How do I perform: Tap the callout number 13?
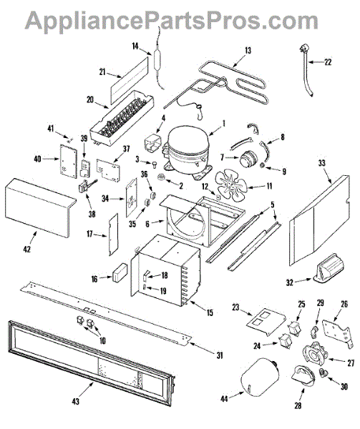(x=248, y=51)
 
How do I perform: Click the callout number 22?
(x=328, y=61)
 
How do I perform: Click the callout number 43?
(x=76, y=401)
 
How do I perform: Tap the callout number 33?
(x=322, y=163)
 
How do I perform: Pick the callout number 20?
(x=90, y=100)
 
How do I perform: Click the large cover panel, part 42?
(x=40, y=207)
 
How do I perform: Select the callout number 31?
(x=220, y=355)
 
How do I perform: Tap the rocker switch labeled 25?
(x=293, y=327)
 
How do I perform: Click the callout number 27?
(x=351, y=363)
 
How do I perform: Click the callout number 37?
(x=126, y=149)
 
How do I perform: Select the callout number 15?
(x=210, y=312)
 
